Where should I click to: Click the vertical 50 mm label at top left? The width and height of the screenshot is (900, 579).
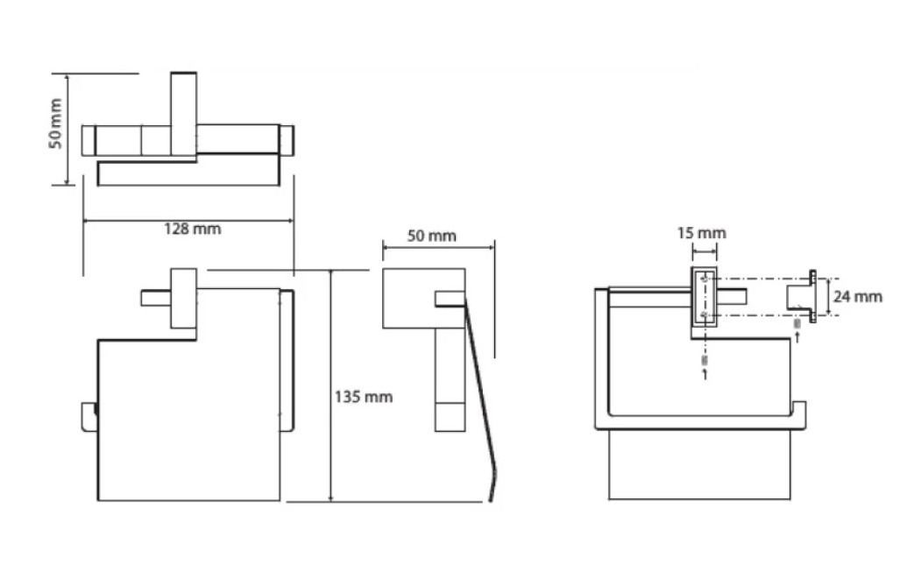(55, 124)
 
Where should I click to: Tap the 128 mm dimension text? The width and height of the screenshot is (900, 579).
(192, 229)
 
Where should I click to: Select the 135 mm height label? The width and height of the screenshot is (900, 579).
(364, 397)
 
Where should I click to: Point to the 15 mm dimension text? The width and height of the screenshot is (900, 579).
(701, 233)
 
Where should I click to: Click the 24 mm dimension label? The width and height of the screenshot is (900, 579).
(858, 297)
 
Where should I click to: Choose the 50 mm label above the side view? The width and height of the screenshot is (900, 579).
(432, 236)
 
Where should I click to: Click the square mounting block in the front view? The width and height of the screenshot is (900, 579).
(184, 298)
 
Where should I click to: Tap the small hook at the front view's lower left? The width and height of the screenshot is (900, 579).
(89, 417)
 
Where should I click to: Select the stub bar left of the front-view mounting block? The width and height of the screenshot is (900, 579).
(155, 299)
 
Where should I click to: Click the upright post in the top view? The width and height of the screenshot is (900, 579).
(184, 114)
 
